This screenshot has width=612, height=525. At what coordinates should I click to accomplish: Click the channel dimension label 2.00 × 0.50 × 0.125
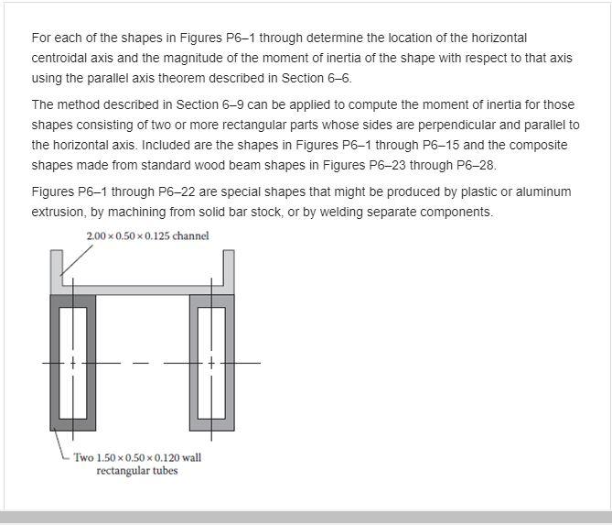[146, 236]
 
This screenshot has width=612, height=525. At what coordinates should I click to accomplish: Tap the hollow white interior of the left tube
[73, 362]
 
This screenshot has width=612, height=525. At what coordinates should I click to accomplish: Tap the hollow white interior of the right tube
[212, 362]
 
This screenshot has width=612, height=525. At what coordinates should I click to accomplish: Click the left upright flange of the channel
[56, 268]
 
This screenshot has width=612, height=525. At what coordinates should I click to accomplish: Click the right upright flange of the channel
[229, 268]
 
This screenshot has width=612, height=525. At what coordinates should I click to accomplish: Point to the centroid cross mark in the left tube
[73, 364]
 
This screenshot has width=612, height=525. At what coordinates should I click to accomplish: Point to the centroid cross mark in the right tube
[212, 364]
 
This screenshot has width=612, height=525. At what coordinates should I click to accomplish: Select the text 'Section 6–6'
[318, 78]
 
